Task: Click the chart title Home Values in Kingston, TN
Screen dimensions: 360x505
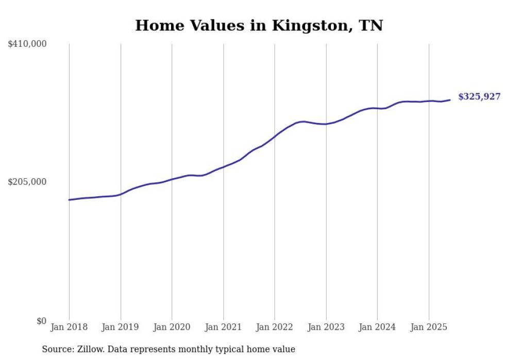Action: [259, 25]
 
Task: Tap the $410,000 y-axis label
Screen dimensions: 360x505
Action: [27, 44]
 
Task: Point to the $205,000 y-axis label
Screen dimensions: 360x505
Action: [27, 182]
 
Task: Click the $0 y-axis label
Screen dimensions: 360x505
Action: [41, 321]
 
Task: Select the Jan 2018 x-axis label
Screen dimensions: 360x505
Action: [69, 327]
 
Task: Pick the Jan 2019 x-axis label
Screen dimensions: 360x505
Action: [121, 327]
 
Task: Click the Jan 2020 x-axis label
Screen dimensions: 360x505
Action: [172, 327]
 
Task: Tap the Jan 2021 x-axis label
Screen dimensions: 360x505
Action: [223, 327]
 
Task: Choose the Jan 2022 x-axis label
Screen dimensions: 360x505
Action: [275, 327]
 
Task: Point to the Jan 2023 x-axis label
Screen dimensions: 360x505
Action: [326, 327]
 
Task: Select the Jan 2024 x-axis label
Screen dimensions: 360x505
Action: [377, 327]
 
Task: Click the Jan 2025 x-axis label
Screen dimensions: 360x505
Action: [429, 327]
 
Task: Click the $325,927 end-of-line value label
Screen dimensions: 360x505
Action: [479, 96]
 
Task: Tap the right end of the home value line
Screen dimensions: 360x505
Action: [450, 100]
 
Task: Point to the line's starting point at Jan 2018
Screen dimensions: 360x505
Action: [69, 200]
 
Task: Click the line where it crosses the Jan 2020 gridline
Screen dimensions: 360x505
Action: [172, 179]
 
